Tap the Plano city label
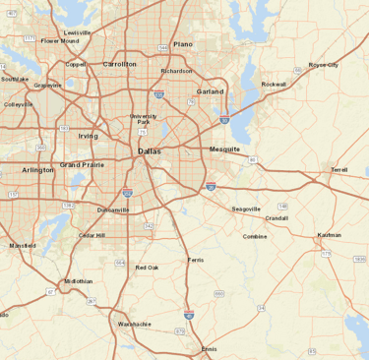pos(184,45)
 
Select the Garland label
pos(211,91)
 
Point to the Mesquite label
pos(225,149)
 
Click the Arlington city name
pos(38,170)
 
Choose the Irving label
pos(89,136)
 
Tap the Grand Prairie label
pos(82,164)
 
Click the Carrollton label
pos(120,64)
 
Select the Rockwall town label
pos(274,85)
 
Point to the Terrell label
pos(339,169)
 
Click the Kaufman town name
pos(330,235)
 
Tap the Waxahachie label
pos(135,324)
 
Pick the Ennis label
pos(210,349)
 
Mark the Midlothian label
pos(79,281)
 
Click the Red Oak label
pos(147,268)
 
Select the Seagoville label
pos(246,210)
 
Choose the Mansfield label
pos(22,245)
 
